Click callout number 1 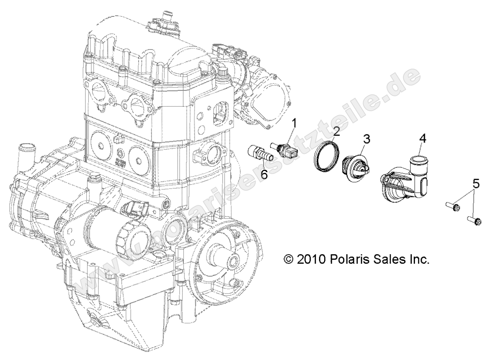pos(294,124)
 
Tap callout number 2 pos(336,132)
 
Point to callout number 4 pos(423,138)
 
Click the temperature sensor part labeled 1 pos(283,149)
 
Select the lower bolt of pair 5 pos(474,220)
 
